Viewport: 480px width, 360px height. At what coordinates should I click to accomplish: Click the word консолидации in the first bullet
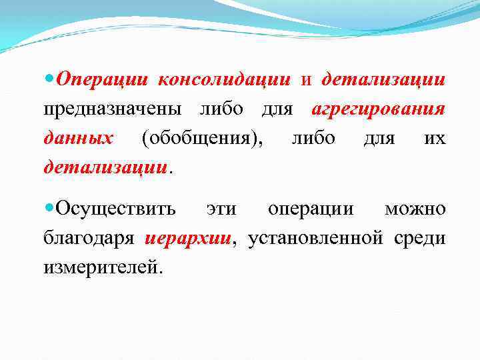224,80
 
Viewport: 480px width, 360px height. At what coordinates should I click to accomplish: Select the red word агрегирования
379,109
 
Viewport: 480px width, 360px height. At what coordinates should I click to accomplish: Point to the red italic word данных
78,137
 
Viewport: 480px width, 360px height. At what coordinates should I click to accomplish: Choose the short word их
434,137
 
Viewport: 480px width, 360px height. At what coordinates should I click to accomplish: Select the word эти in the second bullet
221,209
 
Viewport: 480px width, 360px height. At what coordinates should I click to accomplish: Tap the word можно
415,209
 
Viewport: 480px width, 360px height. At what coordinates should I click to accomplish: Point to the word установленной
316,238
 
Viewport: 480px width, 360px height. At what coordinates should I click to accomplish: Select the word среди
421,238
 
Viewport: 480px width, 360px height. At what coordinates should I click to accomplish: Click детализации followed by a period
105,166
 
